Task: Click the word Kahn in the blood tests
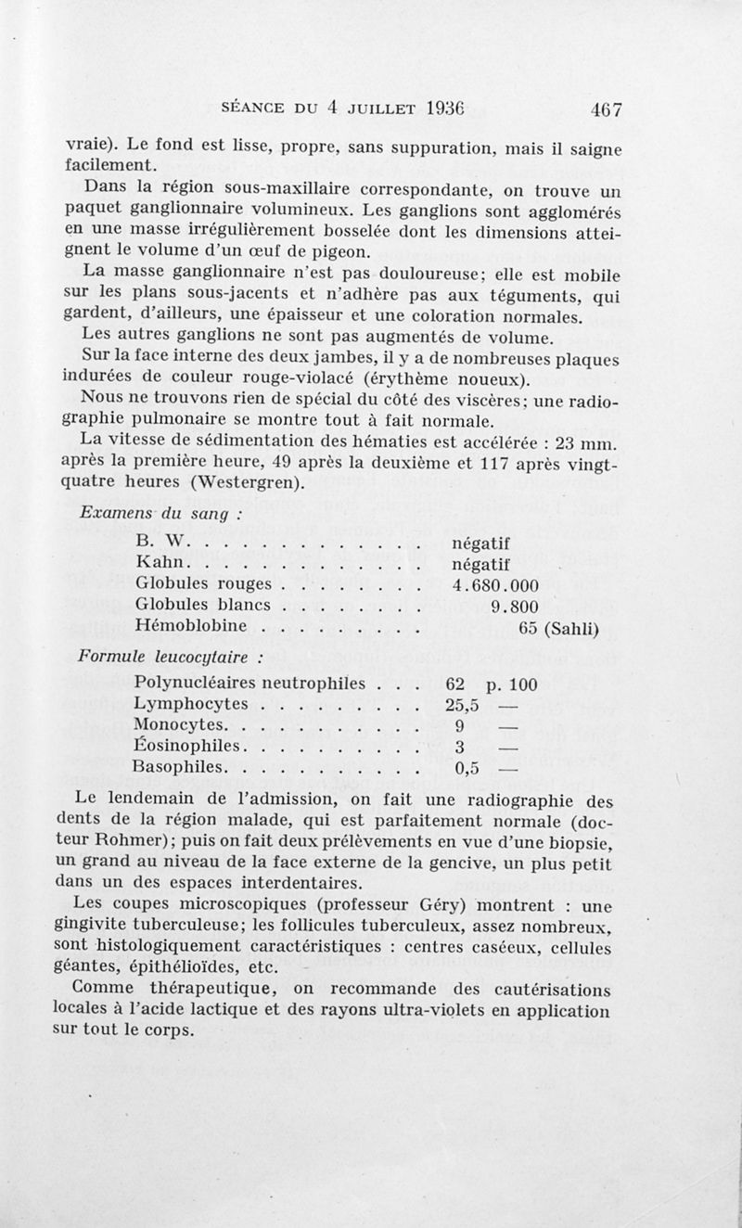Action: [x=162, y=563]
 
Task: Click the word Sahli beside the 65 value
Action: [x=575, y=630]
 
